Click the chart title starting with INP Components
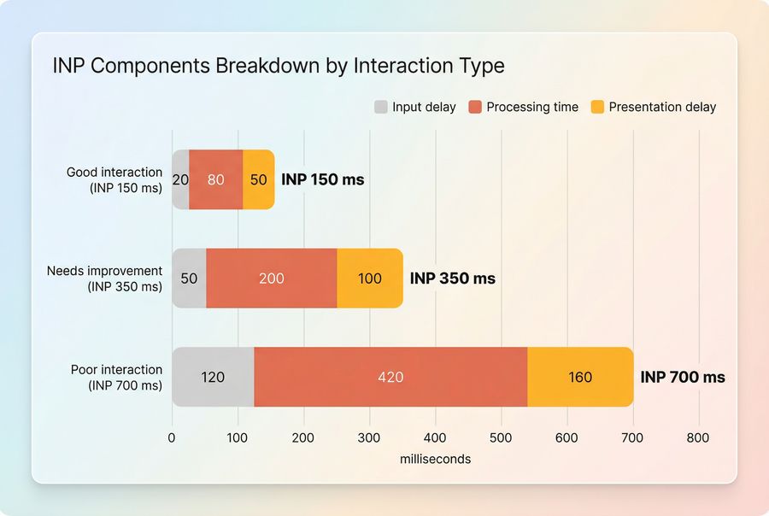point(279,66)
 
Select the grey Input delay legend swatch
point(381,107)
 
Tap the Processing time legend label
point(531,107)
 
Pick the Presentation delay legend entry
point(661,107)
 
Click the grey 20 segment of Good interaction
point(180,179)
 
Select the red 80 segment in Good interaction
point(215,179)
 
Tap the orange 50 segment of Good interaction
point(259,179)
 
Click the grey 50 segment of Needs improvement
point(189,279)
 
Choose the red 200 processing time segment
point(272,279)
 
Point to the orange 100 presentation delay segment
point(369,279)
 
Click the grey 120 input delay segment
point(213,377)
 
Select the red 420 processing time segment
point(390,377)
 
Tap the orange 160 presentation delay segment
point(580,377)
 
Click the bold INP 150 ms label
point(323,179)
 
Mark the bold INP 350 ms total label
point(453,279)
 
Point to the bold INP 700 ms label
point(683,377)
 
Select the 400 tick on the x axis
point(435,437)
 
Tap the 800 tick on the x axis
point(698,437)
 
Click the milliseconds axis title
point(435,459)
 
